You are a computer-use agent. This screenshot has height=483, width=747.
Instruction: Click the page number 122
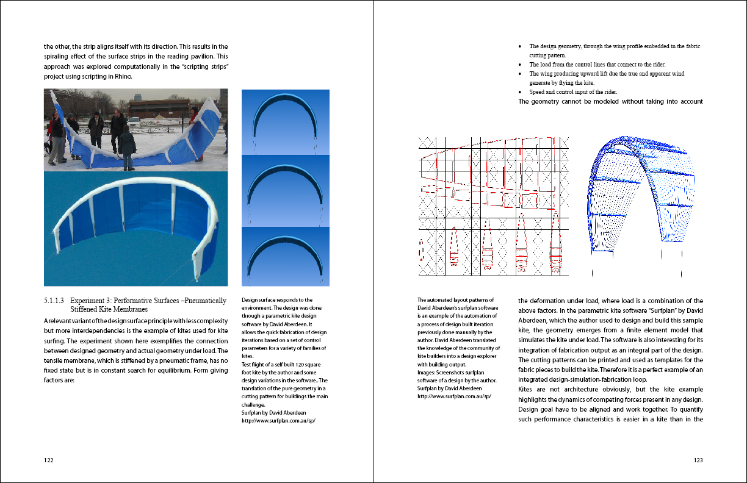coord(49,460)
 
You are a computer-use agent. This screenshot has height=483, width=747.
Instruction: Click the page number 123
coord(698,460)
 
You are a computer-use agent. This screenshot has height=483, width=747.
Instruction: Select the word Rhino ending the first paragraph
coord(122,76)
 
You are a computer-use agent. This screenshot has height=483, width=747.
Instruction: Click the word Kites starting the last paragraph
coord(527,389)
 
